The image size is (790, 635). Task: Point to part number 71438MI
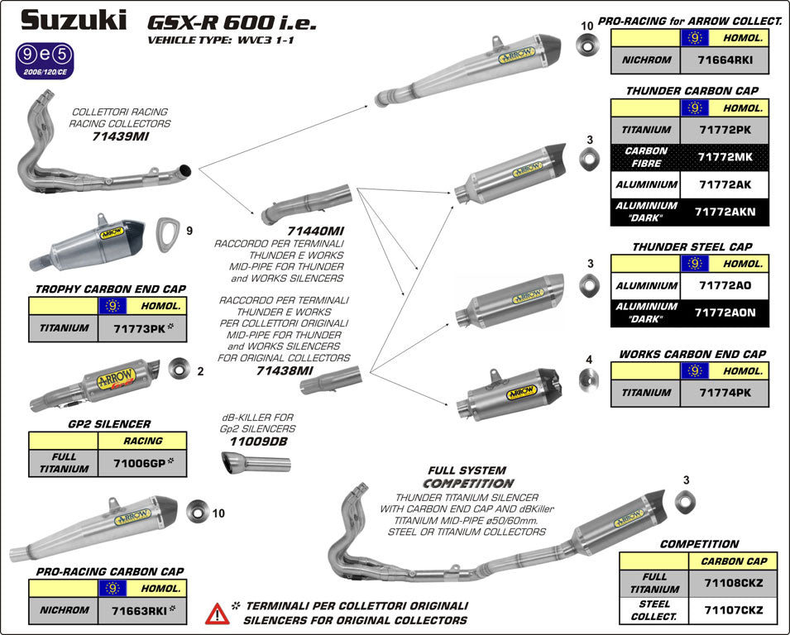coord(283,371)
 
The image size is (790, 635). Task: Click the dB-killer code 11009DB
coord(257,442)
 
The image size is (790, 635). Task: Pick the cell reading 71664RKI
coord(724,60)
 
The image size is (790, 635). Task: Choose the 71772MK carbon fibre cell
coord(724,157)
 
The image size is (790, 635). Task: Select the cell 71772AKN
coord(724,212)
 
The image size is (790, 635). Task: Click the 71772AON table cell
coord(724,313)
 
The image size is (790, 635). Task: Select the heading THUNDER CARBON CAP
coord(692,91)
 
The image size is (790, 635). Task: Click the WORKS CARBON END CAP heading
coord(692,354)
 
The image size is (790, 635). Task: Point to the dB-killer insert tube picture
coord(256,463)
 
